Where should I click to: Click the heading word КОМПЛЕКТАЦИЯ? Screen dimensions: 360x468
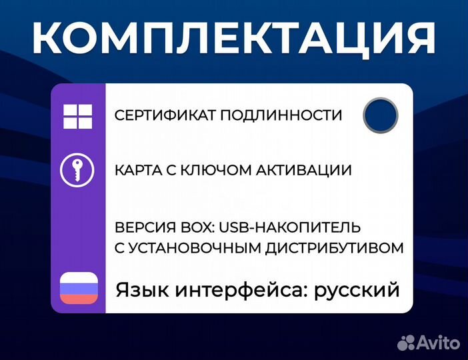pos(234,38)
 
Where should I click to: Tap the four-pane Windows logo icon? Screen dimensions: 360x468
pos(78,115)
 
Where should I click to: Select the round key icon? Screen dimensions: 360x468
pos(78,170)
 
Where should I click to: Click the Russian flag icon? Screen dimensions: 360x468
pos(79,288)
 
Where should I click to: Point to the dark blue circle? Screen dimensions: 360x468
pos(381,115)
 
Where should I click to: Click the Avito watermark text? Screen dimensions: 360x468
pos(439,342)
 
